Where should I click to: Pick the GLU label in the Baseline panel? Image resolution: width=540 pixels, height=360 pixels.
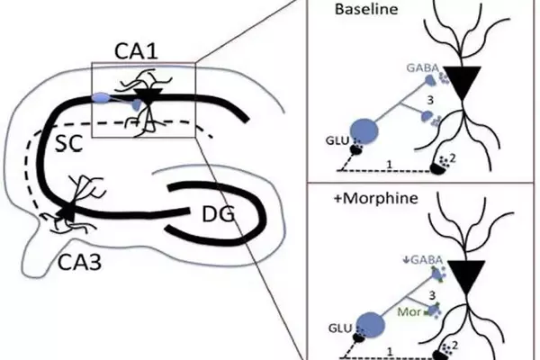click(334, 142)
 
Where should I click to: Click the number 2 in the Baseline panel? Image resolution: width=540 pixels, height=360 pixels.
click(463, 157)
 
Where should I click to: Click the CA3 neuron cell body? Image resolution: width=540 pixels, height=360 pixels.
click(66, 214)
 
